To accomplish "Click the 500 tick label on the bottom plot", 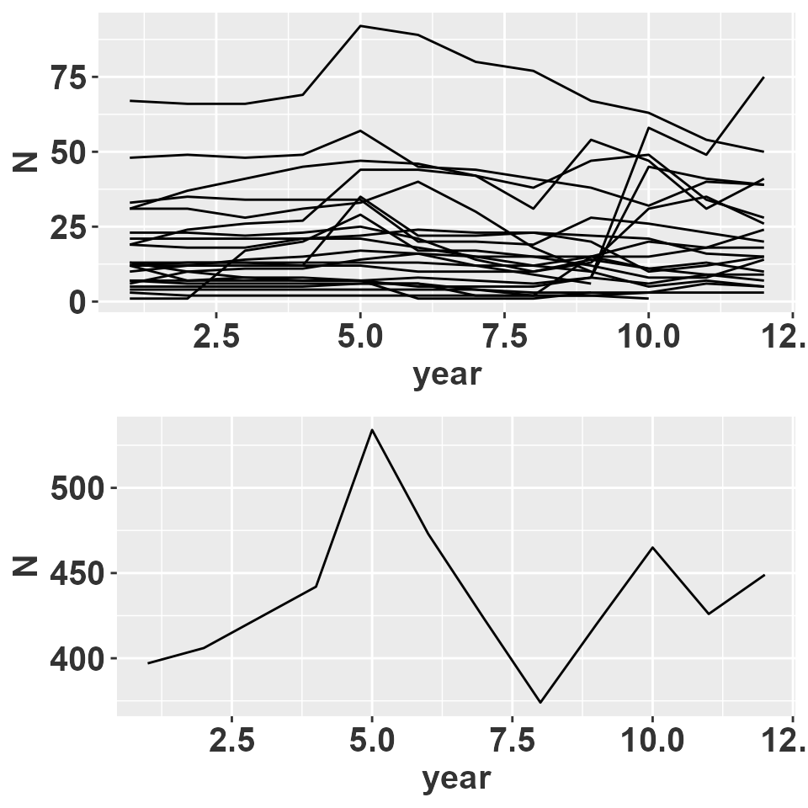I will [81, 489].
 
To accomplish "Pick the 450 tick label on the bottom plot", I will [81, 574].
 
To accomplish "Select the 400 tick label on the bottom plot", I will [81, 659].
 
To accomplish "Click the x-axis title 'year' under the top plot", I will [447, 375].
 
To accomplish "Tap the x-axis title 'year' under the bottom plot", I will [455, 779].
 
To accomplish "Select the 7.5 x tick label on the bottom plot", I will [511, 742].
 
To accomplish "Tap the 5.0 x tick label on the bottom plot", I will [371, 742].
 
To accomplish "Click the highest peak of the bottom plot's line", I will [371, 429].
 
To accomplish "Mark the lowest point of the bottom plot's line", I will [540, 702].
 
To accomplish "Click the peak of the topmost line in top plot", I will [360, 25].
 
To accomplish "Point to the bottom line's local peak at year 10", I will [652, 547].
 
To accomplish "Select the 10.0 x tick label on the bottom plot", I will [651, 742].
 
